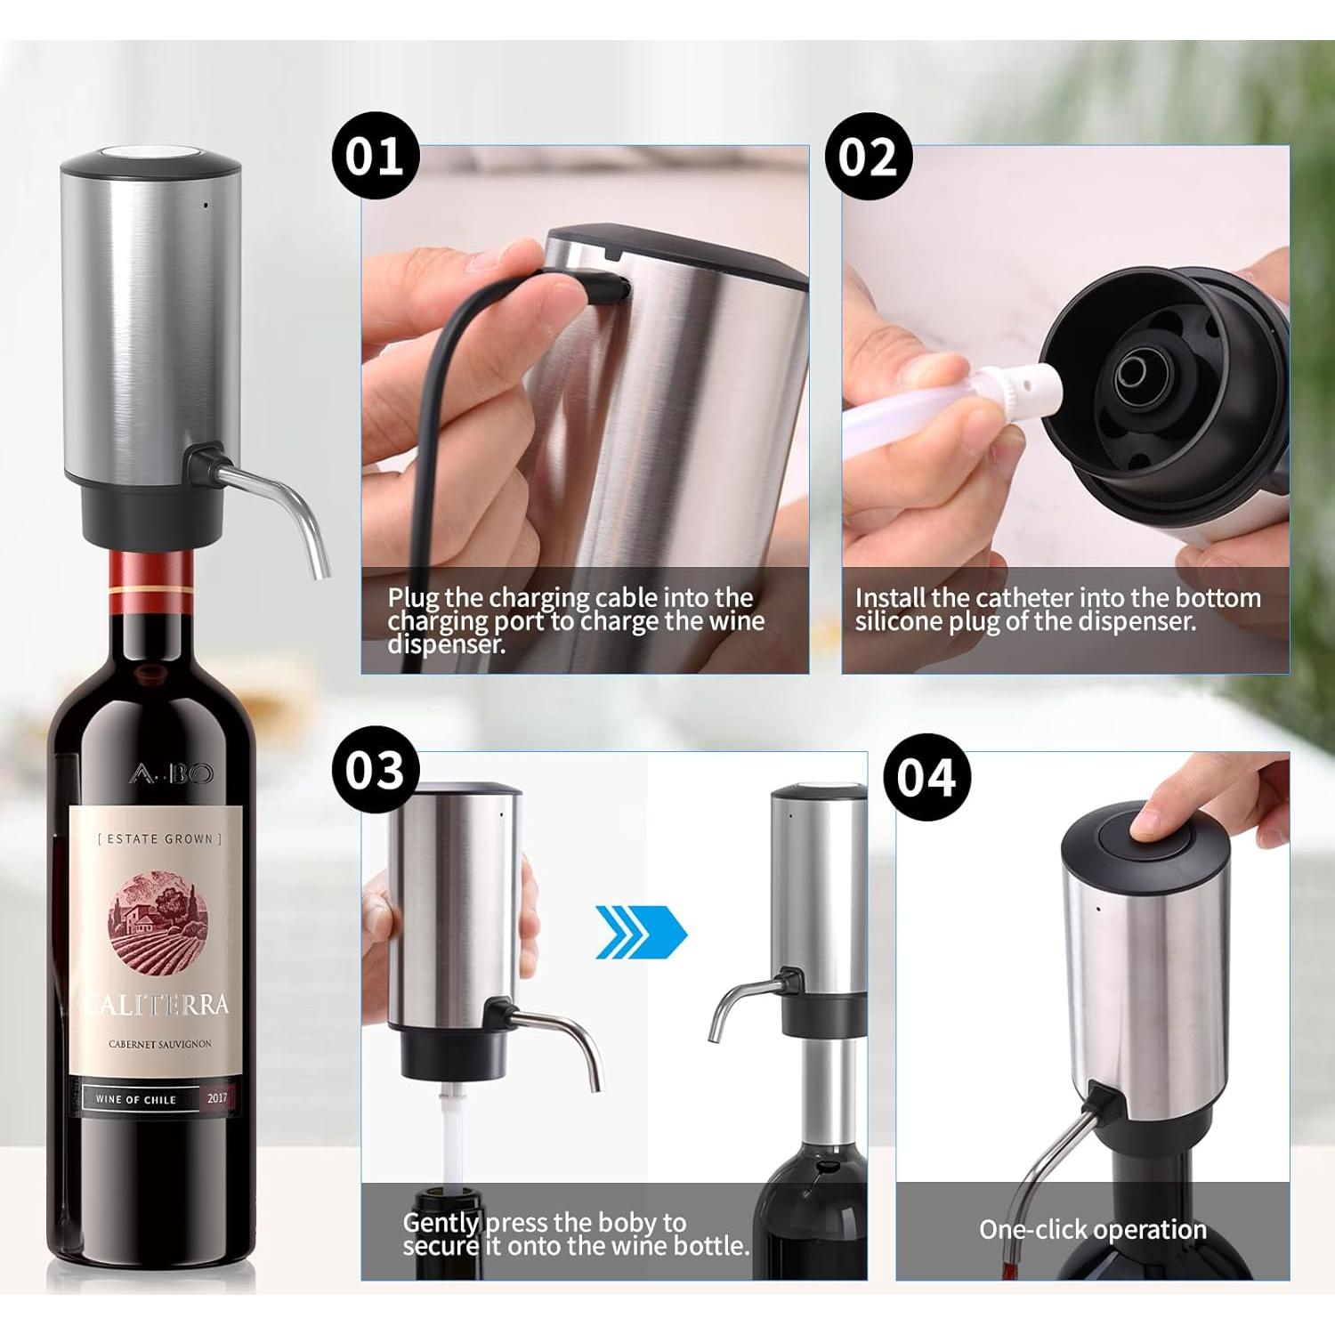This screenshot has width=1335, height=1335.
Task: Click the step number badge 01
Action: point(375,156)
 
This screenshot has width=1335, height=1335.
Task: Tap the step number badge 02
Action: point(868,157)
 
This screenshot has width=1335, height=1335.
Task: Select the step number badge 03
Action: point(375,771)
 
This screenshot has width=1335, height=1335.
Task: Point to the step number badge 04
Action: point(926,777)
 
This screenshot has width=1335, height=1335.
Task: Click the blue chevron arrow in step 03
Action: point(641,933)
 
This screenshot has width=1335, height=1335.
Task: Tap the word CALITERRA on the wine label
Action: point(158,1005)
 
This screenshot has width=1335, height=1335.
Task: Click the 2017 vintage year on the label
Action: point(217,1098)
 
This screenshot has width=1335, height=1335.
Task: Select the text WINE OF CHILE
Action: point(135,1099)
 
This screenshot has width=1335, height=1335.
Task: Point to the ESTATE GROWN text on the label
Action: point(159,838)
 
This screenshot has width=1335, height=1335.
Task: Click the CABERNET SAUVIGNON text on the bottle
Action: point(160,1044)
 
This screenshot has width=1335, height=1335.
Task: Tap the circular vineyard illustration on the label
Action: point(158,918)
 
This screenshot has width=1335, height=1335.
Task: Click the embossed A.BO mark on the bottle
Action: point(171,773)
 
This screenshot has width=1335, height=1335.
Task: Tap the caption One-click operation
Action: point(1092,1229)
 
